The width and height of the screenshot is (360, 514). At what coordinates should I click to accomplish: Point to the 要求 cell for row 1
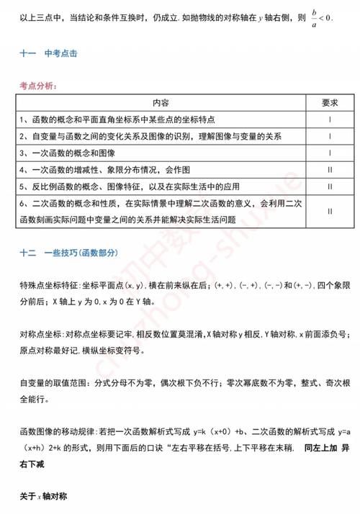tap(329, 119)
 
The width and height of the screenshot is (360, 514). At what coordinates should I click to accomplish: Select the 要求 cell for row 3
tap(329, 153)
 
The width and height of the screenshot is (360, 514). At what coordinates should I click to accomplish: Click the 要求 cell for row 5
tap(329, 186)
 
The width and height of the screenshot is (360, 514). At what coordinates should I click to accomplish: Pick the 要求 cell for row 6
tap(329, 212)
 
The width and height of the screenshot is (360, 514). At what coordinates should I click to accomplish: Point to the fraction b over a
tap(312, 15)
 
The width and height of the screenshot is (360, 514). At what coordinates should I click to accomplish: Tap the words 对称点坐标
tap(40, 335)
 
